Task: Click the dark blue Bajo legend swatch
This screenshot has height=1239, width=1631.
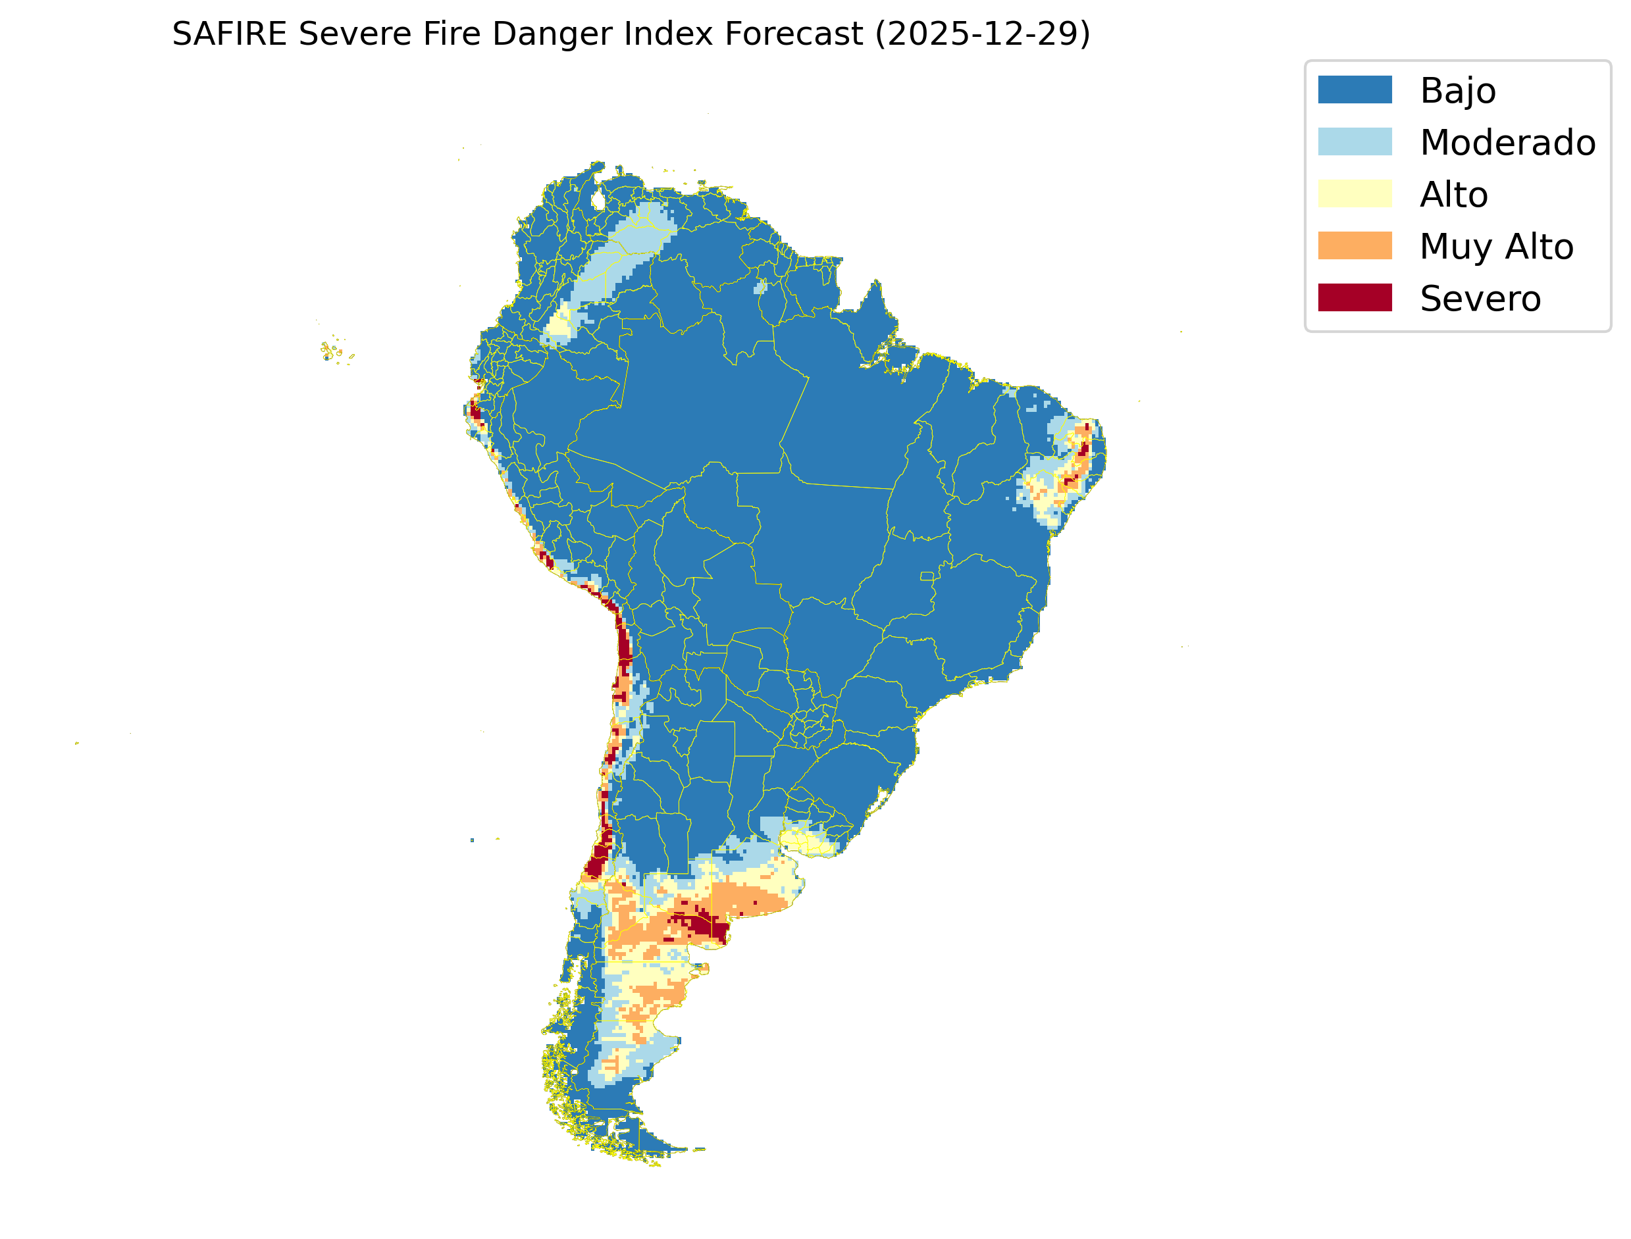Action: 1355,89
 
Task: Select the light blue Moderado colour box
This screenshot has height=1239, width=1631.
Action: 1355,141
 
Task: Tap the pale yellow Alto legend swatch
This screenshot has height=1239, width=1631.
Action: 1355,193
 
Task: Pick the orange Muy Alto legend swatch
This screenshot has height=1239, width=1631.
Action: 1355,245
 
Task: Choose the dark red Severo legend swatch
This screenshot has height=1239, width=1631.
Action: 1355,297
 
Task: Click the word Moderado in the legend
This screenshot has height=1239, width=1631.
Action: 1507,142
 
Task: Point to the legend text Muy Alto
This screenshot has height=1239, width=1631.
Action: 1496,246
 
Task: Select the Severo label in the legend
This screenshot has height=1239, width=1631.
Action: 1480,299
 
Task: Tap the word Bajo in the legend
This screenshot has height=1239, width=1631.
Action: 1458,91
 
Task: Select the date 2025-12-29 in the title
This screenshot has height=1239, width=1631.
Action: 982,34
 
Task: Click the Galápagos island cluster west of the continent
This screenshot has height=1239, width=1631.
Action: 334,351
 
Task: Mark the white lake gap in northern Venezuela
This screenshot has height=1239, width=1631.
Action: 598,200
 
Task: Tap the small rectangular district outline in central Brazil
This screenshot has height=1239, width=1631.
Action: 927,576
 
